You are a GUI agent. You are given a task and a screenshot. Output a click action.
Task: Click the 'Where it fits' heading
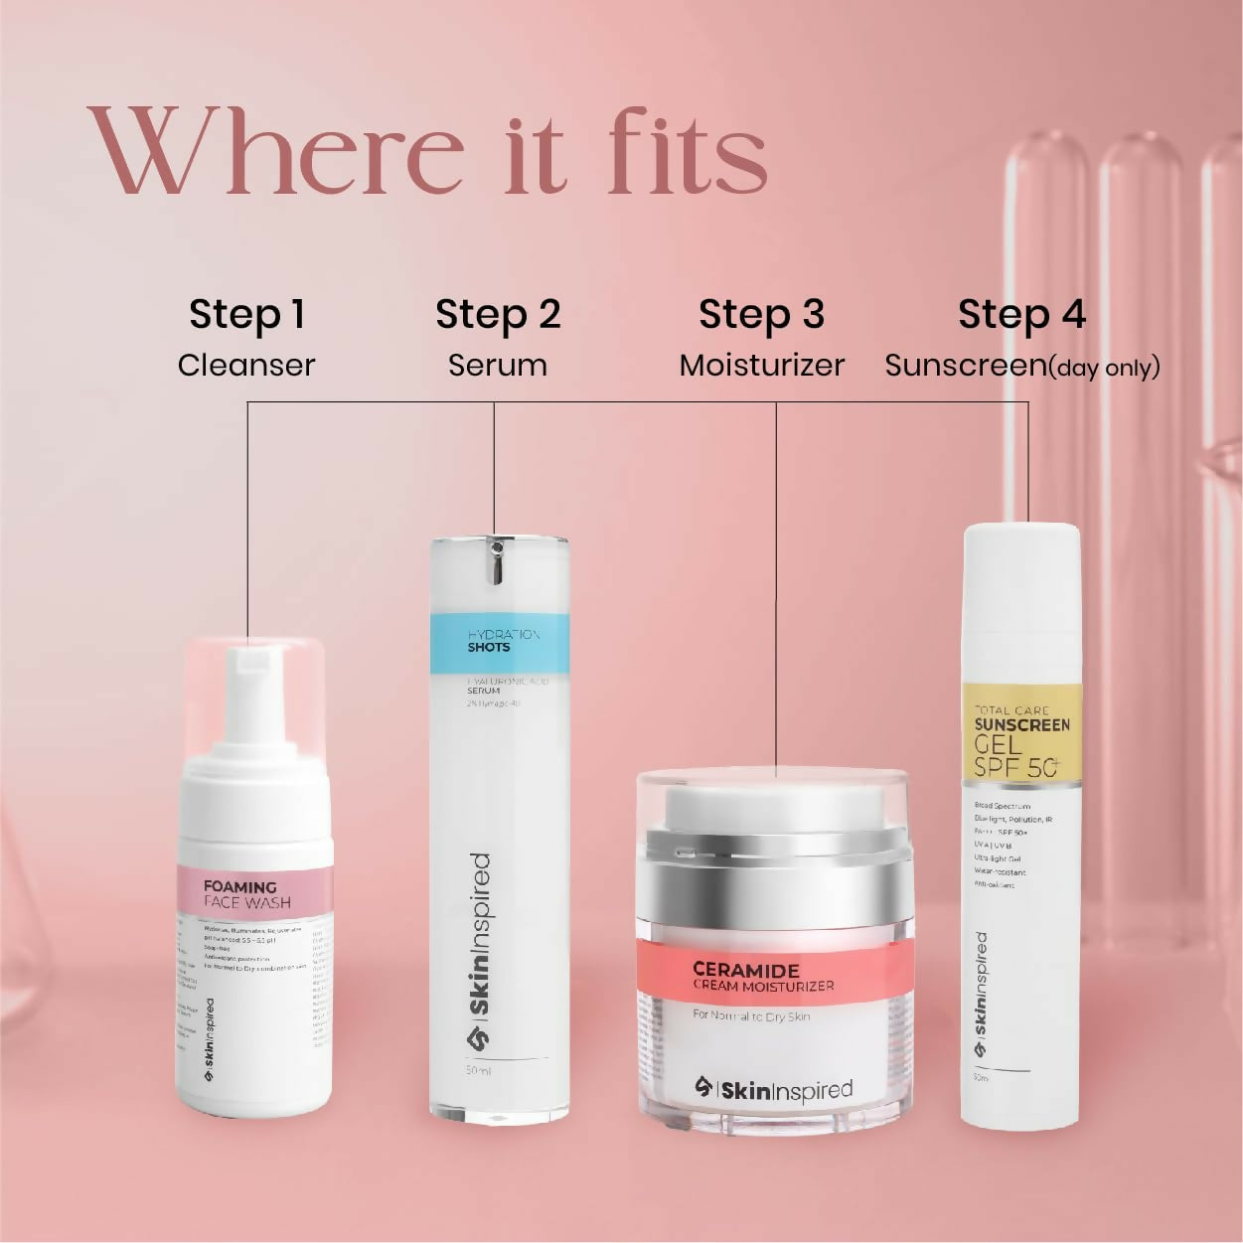pos(427,151)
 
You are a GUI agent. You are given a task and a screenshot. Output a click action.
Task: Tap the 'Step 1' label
pos(246,315)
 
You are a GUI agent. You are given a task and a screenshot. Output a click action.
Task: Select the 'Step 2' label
pos(498,315)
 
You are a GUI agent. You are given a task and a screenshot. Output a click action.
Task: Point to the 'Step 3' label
pos(761,315)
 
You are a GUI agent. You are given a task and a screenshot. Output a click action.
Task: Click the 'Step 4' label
pos(1021,315)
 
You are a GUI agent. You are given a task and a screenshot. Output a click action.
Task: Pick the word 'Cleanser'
pos(246,366)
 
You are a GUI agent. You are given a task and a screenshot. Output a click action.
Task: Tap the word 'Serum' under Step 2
pos(498,366)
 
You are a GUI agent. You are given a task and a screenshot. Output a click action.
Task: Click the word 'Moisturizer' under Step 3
pos(761,366)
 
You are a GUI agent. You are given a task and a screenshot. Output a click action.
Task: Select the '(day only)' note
pos(1105,368)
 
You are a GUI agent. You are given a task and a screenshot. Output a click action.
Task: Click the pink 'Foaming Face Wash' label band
pos(254,892)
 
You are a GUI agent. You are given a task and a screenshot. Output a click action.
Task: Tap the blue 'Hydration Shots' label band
pos(500,642)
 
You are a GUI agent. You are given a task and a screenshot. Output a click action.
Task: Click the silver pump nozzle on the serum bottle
pos(497,561)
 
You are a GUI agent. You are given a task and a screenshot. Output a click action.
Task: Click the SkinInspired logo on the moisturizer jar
pos(773,1089)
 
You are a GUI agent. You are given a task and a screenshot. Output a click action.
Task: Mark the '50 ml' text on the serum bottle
pos(478,1071)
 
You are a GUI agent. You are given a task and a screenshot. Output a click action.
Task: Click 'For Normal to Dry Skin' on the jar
pos(751,1016)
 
